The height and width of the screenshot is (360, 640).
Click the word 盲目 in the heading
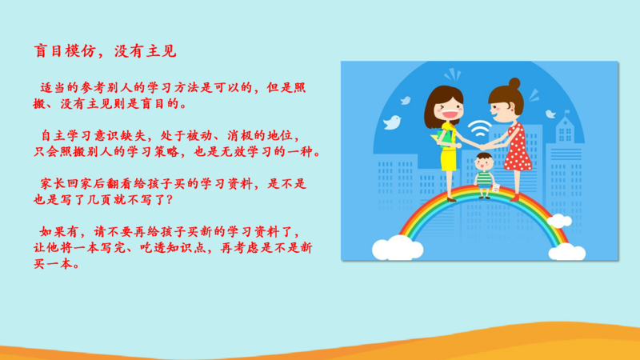click(x=47, y=51)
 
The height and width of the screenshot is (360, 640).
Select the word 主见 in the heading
click(x=162, y=51)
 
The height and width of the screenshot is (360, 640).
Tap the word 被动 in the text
click(x=199, y=135)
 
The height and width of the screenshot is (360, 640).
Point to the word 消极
click(x=240, y=135)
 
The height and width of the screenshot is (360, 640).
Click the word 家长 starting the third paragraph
click(x=53, y=184)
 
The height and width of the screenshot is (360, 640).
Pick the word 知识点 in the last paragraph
click(x=186, y=248)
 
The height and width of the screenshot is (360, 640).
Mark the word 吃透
click(x=153, y=248)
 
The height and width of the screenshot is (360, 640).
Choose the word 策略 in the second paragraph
click(x=166, y=152)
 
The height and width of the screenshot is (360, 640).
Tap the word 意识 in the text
click(x=107, y=135)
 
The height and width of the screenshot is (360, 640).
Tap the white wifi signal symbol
click(x=478, y=129)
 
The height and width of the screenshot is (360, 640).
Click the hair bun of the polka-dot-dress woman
click(x=514, y=83)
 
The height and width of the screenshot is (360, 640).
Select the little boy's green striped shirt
click(x=485, y=178)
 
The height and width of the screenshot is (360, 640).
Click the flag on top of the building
click(x=567, y=111)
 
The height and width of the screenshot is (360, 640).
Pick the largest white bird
click(x=392, y=122)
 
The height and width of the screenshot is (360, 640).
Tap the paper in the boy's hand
click(x=495, y=188)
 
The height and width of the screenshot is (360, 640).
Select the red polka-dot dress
click(x=517, y=149)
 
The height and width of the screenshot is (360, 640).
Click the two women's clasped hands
click(x=482, y=146)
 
